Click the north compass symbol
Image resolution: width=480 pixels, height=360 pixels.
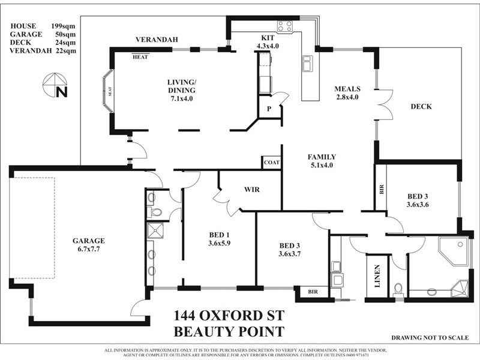click(x=55, y=83)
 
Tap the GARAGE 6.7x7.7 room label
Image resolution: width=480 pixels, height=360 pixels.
click(x=89, y=244)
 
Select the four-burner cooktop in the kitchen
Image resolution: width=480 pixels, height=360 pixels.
click(x=284, y=26)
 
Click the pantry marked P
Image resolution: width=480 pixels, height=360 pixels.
click(x=268, y=109)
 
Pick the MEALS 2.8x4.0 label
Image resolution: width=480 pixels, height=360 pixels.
click(x=346, y=92)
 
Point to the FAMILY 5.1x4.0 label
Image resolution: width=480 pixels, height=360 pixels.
click(x=322, y=161)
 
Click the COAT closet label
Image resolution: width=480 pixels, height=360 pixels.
click(x=271, y=162)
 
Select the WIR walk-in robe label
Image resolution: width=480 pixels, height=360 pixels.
click(x=251, y=190)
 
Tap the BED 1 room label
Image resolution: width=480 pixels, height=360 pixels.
click(x=219, y=239)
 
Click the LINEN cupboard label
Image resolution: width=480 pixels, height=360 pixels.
click(x=377, y=277)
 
